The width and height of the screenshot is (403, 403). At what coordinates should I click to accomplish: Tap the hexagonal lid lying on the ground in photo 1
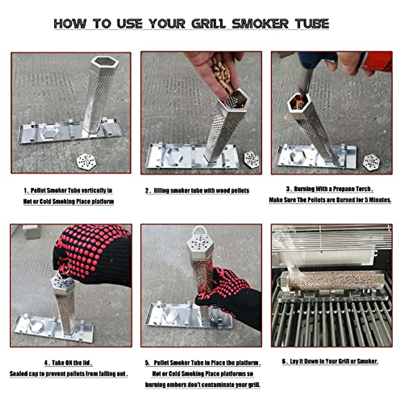tap(86, 162)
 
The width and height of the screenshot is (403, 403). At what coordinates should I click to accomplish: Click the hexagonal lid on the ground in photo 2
tap(251, 159)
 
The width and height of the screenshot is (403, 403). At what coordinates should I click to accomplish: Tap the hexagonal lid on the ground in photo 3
tap(371, 162)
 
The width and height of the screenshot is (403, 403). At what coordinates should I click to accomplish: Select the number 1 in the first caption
tap(26, 191)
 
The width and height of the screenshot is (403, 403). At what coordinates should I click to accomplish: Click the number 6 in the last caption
tap(284, 361)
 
